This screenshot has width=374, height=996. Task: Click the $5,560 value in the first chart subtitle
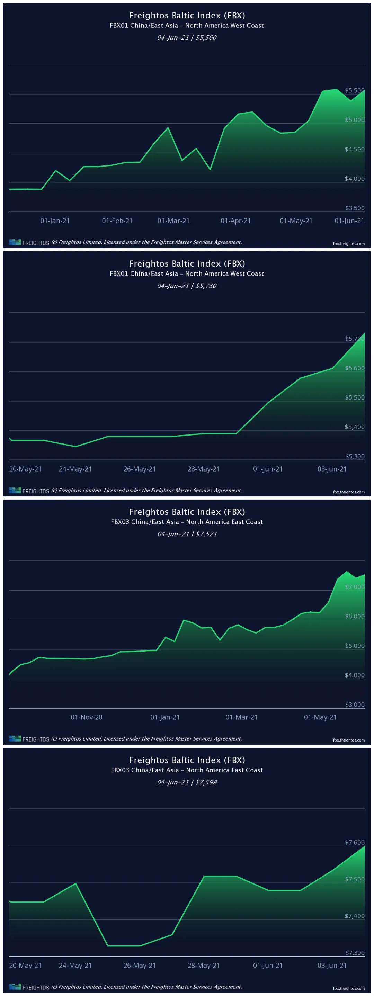(x=206, y=37)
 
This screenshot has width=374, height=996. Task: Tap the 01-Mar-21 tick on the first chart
(x=173, y=221)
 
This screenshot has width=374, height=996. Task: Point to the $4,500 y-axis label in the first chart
(x=354, y=149)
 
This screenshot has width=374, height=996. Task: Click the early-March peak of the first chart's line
(x=168, y=128)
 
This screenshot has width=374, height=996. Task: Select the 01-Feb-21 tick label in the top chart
(x=117, y=221)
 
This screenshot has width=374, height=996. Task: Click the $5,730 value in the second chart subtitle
(x=206, y=286)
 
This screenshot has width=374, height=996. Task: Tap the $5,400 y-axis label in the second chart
(x=354, y=427)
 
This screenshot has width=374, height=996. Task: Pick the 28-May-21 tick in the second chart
(x=203, y=469)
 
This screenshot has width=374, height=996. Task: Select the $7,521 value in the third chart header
(x=206, y=534)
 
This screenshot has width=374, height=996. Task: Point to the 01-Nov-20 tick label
(x=86, y=717)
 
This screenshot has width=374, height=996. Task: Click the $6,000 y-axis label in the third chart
(x=354, y=616)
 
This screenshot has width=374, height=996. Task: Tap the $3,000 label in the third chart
(x=354, y=705)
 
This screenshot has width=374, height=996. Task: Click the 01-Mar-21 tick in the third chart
(x=241, y=717)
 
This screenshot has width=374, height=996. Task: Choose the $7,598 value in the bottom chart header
(x=206, y=782)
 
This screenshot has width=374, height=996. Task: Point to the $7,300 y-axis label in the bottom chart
(x=354, y=953)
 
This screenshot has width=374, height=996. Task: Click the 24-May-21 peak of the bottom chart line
(x=75, y=883)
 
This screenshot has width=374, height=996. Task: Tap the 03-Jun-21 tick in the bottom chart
(x=332, y=966)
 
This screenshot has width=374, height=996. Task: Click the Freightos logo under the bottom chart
(x=29, y=987)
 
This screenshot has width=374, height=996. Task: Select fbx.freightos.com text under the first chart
(x=348, y=244)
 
